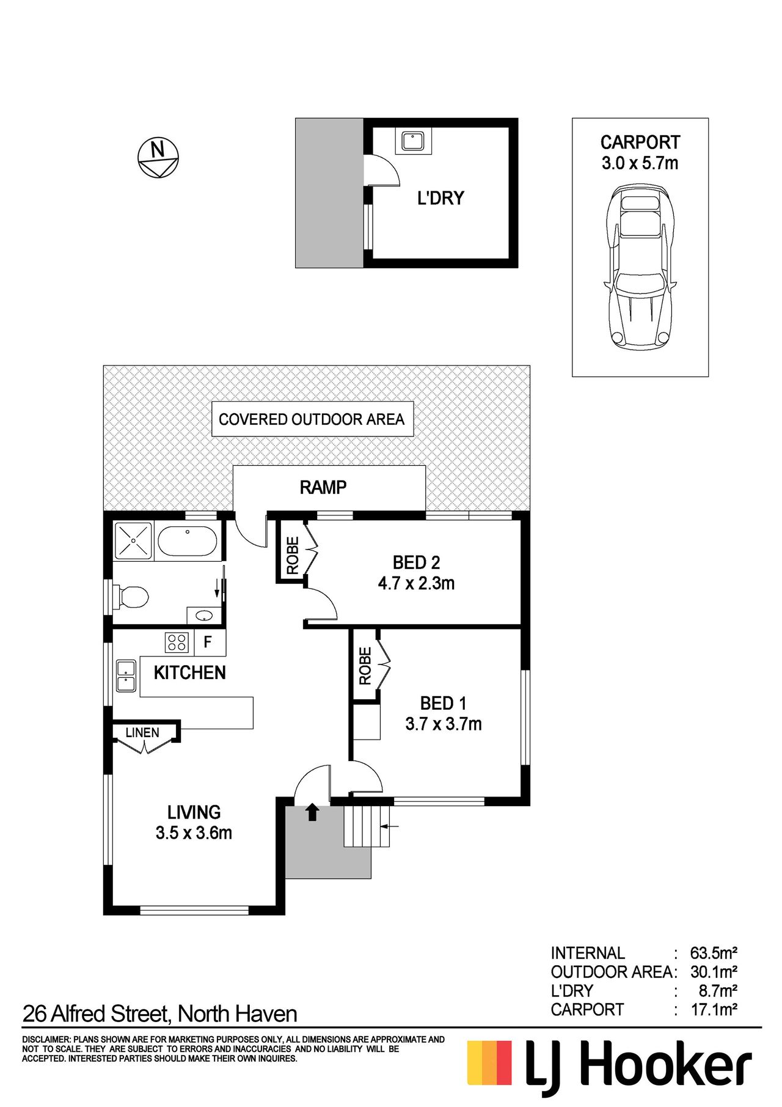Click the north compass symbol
point(158,157)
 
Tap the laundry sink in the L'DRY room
point(412,141)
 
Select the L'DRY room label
point(440,198)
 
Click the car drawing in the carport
point(640,267)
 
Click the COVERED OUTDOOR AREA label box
point(312,419)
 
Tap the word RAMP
point(323,487)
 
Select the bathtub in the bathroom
point(187,541)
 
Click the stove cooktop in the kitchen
point(177,642)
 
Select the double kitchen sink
point(126,675)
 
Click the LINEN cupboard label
point(142,732)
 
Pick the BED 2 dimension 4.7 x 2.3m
point(416,583)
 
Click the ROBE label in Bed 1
point(365,666)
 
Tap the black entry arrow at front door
point(312,812)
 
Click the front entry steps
point(367,826)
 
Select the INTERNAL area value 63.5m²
point(714,953)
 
